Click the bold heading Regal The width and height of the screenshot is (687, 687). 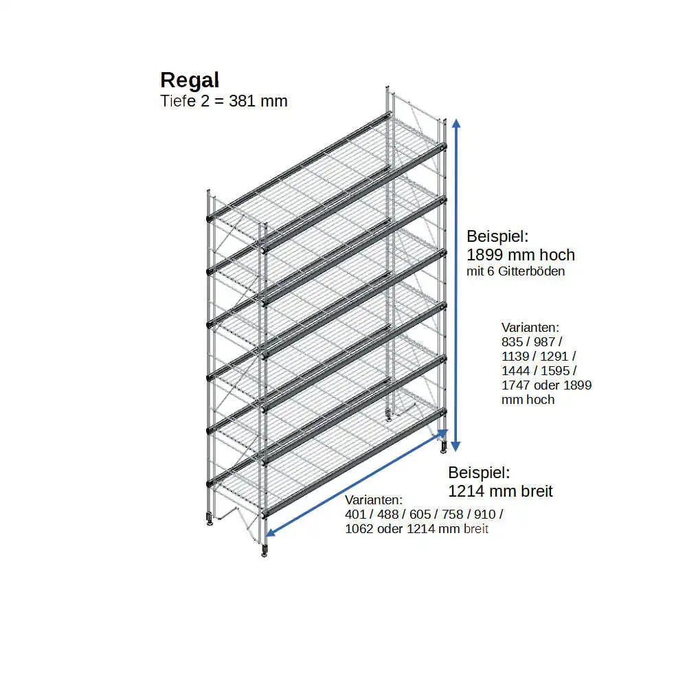pos(190,80)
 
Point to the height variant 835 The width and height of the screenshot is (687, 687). pos(513,341)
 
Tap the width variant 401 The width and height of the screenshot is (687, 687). pos(355,515)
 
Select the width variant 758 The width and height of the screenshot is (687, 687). pos(447,515)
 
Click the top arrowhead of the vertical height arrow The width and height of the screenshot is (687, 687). pos(455,122)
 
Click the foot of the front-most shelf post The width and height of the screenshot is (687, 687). pos(264,551)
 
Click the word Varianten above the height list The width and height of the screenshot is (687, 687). pos(530,327)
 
